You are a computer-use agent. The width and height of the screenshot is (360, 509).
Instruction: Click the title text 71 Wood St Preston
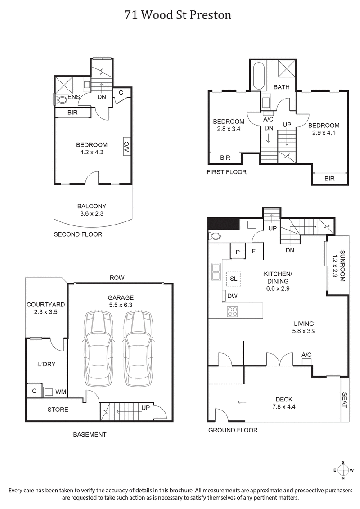(x=178, y=15)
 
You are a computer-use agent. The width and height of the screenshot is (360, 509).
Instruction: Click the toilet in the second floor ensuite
(x=58, y=98)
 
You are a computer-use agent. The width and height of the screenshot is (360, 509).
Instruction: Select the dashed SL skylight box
(x=234, y=279)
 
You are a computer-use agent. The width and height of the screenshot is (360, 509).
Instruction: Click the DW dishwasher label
(x=233, y=296)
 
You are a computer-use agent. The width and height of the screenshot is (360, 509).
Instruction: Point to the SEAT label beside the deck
(x=344, y=399)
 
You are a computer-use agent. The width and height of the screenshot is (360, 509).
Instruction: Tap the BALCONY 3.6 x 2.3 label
(x=91, y=210)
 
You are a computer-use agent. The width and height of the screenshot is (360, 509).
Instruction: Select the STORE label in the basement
(x=58, y=410)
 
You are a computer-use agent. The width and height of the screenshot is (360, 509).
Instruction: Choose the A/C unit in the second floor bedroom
(x=126, y=147)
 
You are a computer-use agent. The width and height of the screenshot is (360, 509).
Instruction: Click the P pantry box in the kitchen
(x=238, y=252)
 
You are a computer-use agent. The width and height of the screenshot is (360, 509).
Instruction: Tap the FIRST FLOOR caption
(x=226, y=172)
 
